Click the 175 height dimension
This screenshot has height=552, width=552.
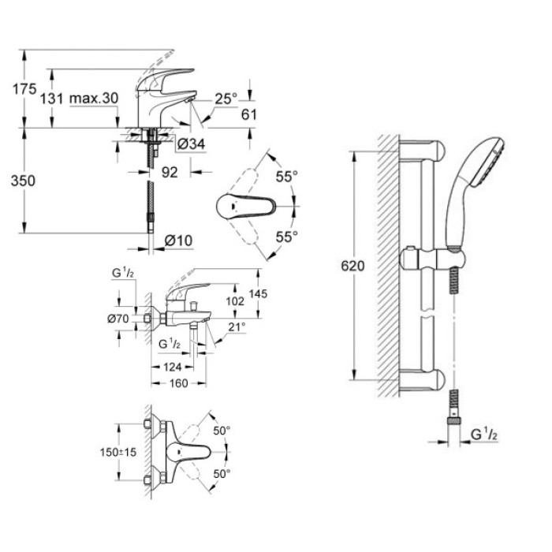click(x=24, y=90)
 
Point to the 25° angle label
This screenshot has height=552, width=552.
click(x=226, y=99)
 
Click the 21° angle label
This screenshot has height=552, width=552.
click(x=237, y=326)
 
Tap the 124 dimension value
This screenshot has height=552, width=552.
click(x=173, y=367)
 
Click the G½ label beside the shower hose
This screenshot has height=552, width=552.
click(x=483, y=434)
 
